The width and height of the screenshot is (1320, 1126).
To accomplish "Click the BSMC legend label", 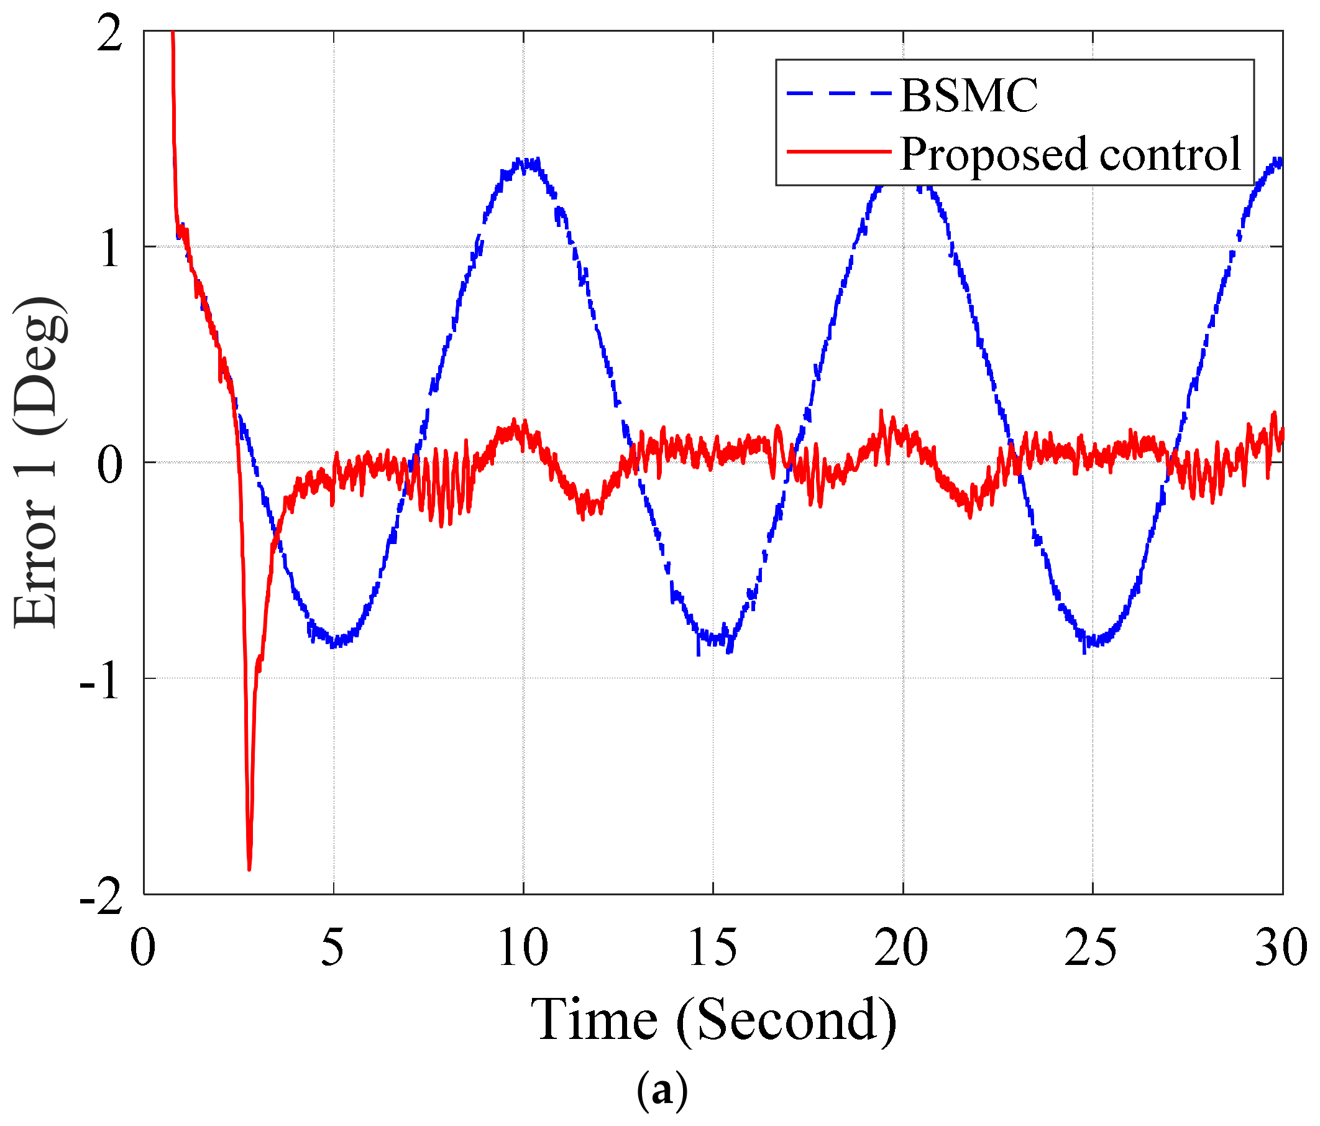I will click(968, 96).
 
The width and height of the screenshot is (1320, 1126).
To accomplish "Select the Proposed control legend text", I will click(1070, 154).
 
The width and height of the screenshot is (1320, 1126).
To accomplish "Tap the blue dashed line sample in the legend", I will click(838, 94).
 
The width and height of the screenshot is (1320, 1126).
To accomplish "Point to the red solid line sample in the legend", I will click(838, 152).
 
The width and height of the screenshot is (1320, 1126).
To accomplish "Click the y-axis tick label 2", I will click(109, 33).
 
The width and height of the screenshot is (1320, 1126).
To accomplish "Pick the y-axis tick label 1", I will click(109, 249).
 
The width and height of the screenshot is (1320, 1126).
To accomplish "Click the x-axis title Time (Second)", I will click(713, 1020).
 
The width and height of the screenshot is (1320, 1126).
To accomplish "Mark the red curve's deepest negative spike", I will click(249, 868).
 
